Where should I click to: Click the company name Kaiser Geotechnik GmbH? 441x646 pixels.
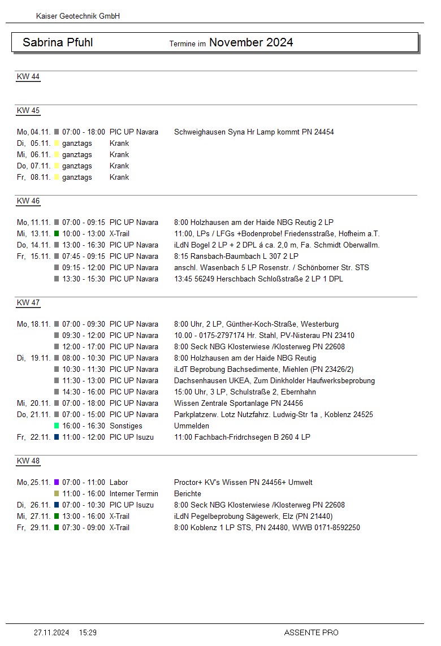(x=77, y=16)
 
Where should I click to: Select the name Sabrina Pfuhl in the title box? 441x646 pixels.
(x=58, y=42)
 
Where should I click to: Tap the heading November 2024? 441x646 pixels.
(x=251, y=42)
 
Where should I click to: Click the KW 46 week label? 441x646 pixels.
(x=28, y=201)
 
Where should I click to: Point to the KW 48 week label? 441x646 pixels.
(x=28, y=461)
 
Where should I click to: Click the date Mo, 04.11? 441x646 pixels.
(x=34, y=132)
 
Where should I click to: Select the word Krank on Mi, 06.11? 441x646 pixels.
(x=119, y=154)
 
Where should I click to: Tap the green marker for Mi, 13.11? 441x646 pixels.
(x=57, y=233)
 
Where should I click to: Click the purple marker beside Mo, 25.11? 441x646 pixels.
(x=57, y=482)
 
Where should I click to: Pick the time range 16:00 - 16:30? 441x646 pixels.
(x=84, y=426)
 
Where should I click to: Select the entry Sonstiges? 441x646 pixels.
(x=126, y=426)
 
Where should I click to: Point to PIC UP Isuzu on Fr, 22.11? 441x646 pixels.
(x=132, y=437)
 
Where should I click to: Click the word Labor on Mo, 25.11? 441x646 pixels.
(x=119, y=482)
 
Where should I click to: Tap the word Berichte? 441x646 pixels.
(x=188, y=493)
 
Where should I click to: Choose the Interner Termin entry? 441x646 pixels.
(x=134, y=493)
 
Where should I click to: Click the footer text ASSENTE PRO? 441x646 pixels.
(x=311, y=632)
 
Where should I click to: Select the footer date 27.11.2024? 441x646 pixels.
(x=51, y=632)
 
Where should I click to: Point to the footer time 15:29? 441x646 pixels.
(x=88, y=632)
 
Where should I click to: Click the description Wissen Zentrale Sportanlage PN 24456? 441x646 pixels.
(x=239, y=403)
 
